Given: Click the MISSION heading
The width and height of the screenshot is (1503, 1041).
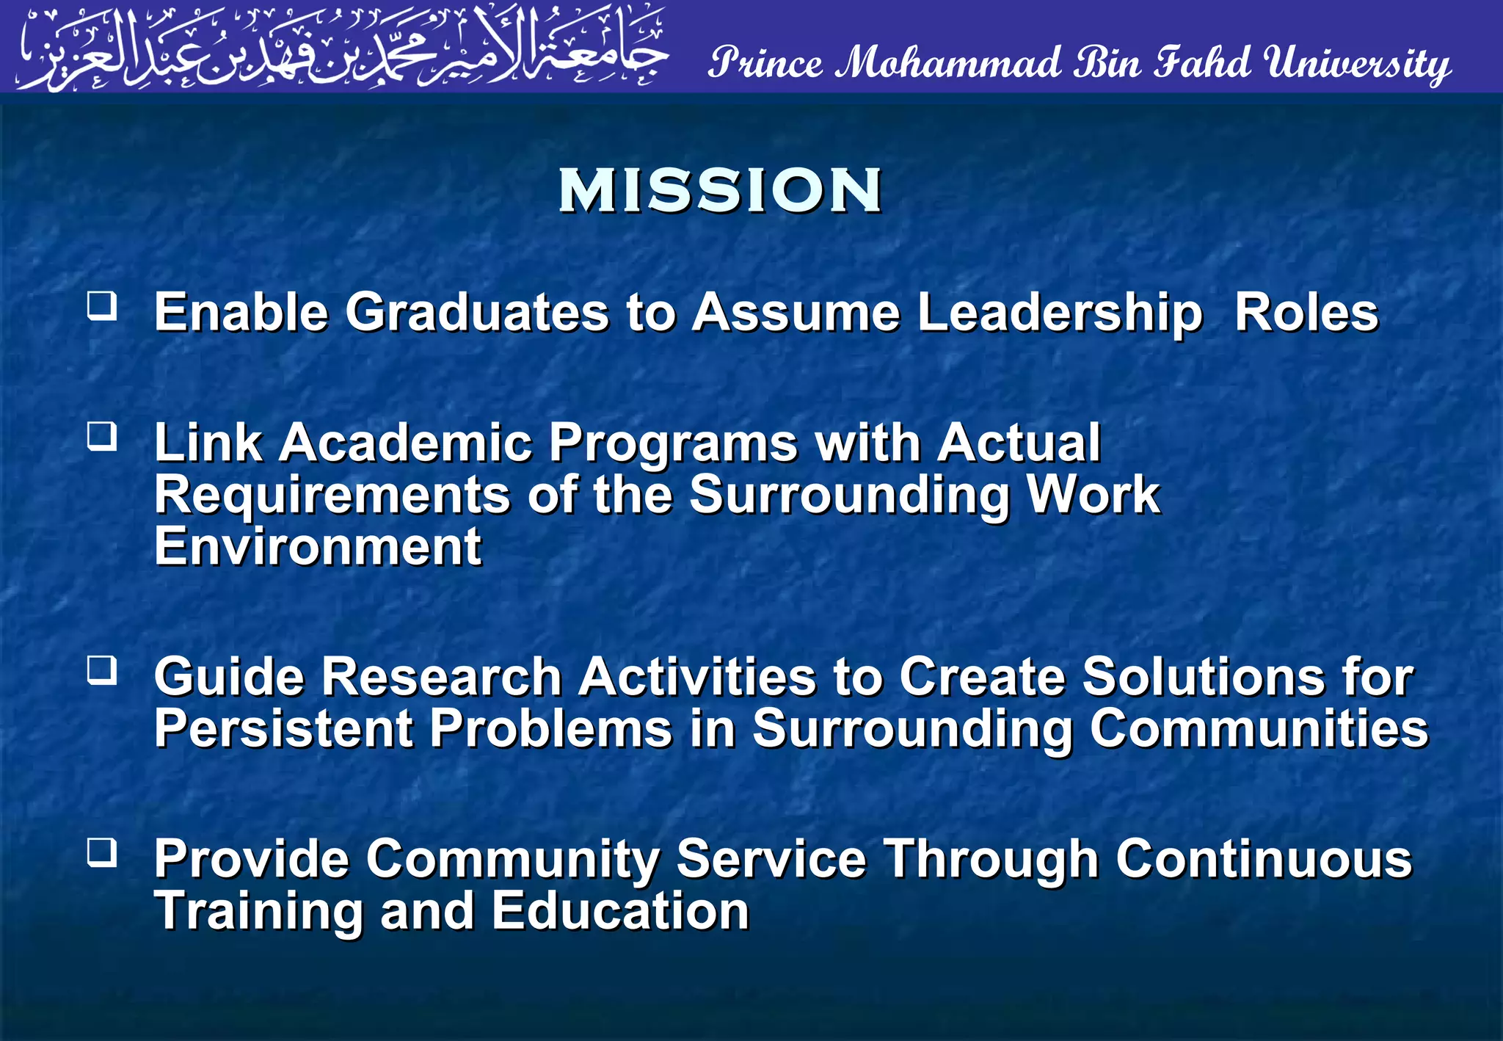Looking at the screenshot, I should point(720,191).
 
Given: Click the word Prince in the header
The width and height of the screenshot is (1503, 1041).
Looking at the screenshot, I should point(765,63).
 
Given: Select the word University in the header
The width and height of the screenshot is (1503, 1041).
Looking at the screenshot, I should point(1358,64).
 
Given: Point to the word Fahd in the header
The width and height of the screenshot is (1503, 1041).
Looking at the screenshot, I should point(1202,62).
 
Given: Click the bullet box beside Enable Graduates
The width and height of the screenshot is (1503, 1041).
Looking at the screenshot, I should point(102,305).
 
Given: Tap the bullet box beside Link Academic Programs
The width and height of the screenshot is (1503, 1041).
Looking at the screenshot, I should point(102,436).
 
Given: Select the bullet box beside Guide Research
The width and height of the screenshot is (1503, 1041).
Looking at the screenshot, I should point(102,670).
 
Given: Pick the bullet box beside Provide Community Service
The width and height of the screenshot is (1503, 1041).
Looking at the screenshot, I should point(102,852).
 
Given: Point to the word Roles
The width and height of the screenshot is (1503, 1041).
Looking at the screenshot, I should point(1306,313).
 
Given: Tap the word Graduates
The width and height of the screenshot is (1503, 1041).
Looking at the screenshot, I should point(477,313).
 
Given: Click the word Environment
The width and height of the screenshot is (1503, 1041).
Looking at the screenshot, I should point(318,547).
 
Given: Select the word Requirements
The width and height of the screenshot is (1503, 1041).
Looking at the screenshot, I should point(332,496).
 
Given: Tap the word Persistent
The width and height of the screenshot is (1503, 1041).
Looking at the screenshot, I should point(284,728).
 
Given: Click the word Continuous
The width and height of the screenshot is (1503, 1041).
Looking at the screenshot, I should point(1264,859).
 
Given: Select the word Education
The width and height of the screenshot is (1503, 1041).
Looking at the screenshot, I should point(620,911).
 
